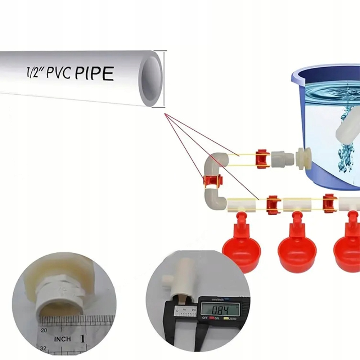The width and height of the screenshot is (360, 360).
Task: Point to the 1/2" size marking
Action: click(33, 71)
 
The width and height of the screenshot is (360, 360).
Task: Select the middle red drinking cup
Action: click(297, 248)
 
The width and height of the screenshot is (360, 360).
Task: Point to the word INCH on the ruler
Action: click(63, 339)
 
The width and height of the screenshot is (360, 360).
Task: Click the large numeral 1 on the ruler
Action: click(83, 338)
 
